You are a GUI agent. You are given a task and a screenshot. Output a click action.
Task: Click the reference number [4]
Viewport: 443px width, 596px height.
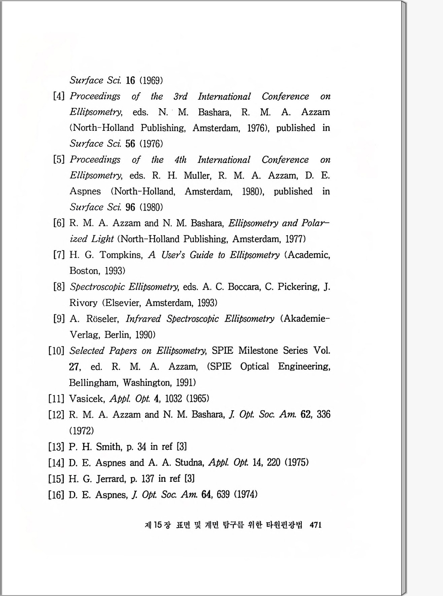(x=59, y=96)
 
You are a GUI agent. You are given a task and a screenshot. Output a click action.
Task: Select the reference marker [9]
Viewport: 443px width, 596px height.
(x=59, y=319)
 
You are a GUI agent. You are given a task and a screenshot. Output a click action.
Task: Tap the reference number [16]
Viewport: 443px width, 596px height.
(x=56, y=494)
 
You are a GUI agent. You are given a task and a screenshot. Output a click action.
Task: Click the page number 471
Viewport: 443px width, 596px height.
(x=315, y=525)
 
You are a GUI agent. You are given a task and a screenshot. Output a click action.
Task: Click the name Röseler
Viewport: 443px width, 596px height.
(x=102, y=319)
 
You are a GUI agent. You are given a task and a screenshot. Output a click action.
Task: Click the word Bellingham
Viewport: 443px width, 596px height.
(x=93, y=383)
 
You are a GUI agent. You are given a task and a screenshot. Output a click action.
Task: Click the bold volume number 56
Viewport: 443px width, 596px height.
(x=130, y=144)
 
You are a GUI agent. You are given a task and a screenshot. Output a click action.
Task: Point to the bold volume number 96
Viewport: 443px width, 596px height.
(x=130, y=207)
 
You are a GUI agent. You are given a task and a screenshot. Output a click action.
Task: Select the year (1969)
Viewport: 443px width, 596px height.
(x=151, y=81)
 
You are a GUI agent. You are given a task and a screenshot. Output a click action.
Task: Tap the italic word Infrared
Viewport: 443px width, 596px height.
(x=143, y=319)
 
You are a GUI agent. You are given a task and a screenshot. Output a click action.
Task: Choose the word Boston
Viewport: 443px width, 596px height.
(x=84, y=271)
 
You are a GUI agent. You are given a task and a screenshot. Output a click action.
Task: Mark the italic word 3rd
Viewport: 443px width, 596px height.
(x=180, y=96)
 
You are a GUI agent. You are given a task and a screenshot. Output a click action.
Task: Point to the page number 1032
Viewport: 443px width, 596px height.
(x=173, y=399)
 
